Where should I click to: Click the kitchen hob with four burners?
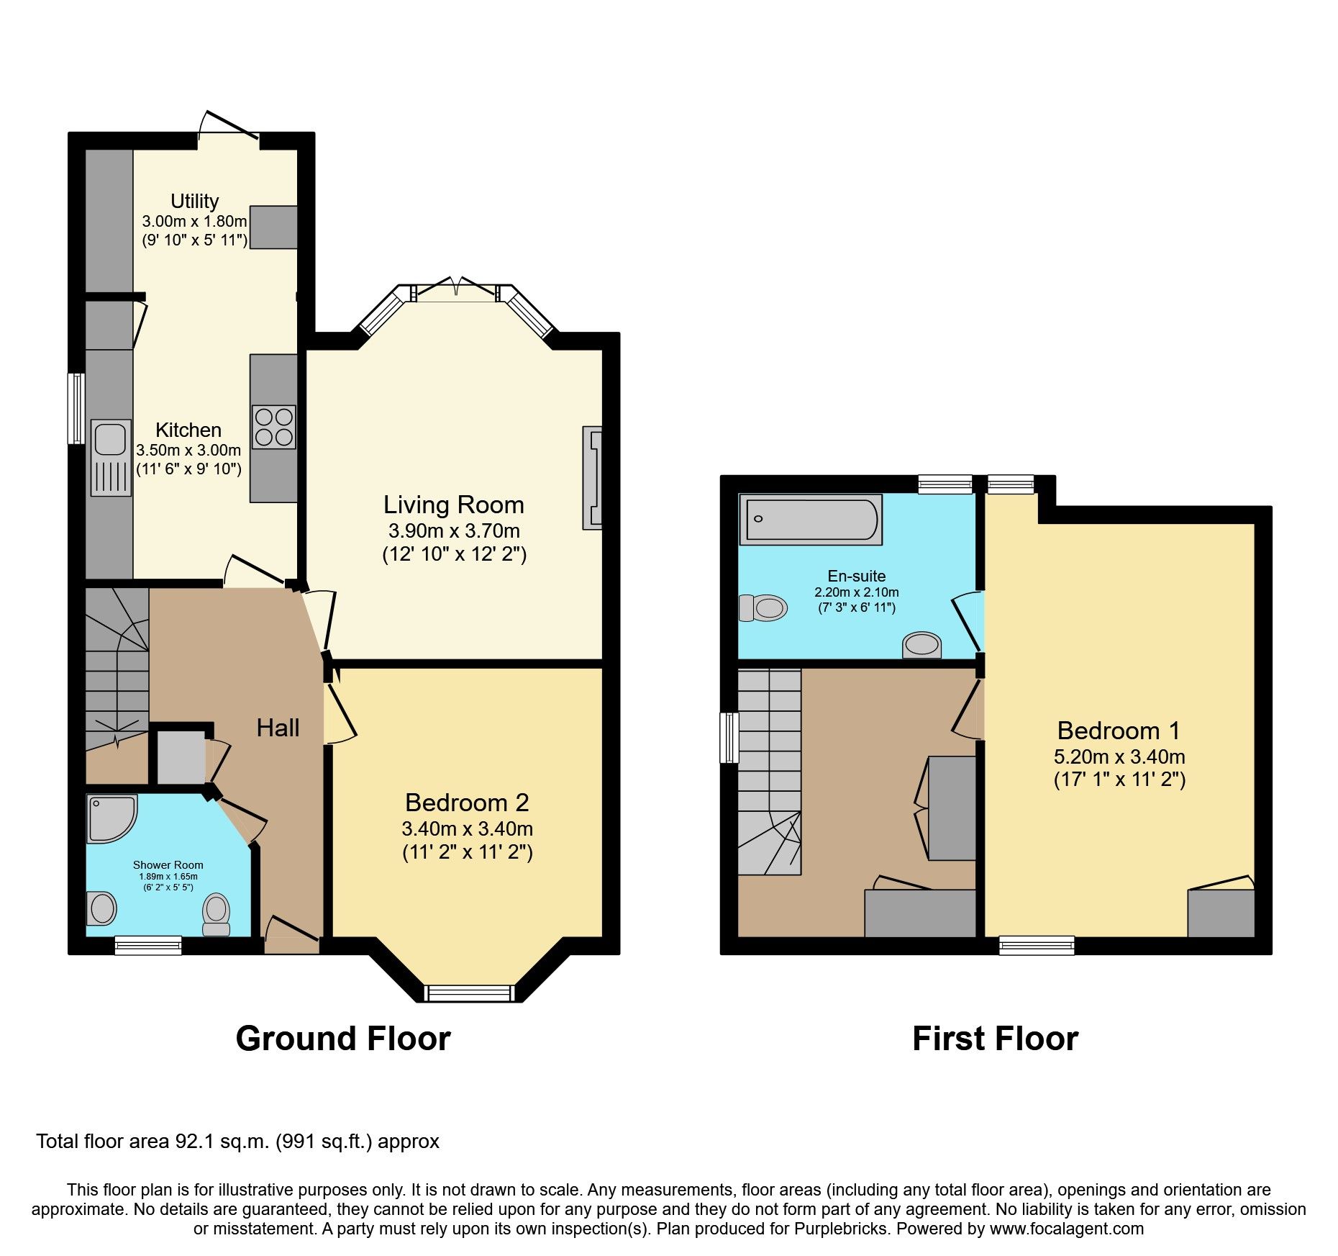click(x=274, y=427)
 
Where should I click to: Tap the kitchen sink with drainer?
click(x=111, y=457)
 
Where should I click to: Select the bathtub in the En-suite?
click(x=811, y=519)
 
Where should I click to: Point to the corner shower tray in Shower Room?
click(x=110, y=818)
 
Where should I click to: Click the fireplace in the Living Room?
click(x=592, y=479)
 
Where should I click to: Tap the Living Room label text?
click(x=453, y=505)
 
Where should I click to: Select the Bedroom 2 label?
click(x=467, y=802)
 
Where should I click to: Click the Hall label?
click(x=278, y=728)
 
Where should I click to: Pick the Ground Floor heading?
click(x=343, y=1039)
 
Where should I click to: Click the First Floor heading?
click(x=995, y=1039)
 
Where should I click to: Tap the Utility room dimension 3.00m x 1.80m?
click(x=194, y=221)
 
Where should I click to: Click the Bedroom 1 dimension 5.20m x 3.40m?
click(x=1119, y=756)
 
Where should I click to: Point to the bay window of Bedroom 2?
click(x=470, y=993)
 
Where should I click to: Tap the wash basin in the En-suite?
click(x=921, y=644)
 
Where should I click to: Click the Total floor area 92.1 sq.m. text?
click(x=237, y=1142)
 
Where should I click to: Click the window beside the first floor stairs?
click(x=729, y=737)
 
